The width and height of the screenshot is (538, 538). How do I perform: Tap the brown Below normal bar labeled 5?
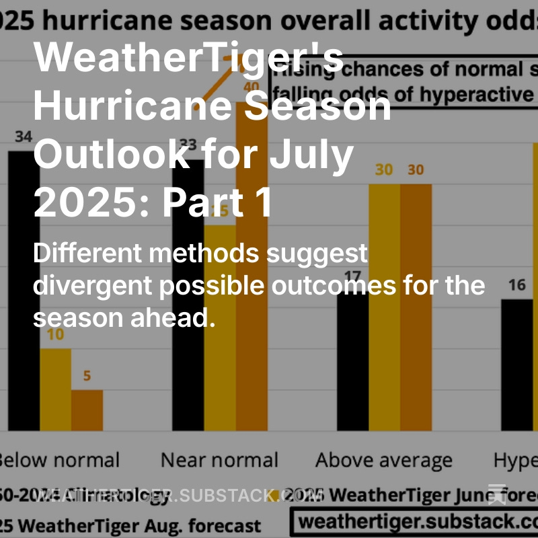(x=87, y=410)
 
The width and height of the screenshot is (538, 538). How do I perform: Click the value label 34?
(x=24, y=137)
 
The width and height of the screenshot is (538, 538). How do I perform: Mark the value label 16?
(x=516, y=285)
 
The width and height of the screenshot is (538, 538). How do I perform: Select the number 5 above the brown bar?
(x=87, y=377)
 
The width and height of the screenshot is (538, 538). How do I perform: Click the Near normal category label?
(x=219, y=461)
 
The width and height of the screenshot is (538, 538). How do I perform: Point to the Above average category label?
(x=384, y=461)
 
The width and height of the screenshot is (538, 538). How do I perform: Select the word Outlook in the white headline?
(x=112, y=154)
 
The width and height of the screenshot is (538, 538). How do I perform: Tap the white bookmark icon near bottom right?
(x=497, y=494)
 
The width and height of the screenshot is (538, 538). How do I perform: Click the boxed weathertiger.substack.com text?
(x=417, y=521)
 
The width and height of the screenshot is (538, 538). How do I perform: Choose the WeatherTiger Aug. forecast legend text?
(x=134, y=525)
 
